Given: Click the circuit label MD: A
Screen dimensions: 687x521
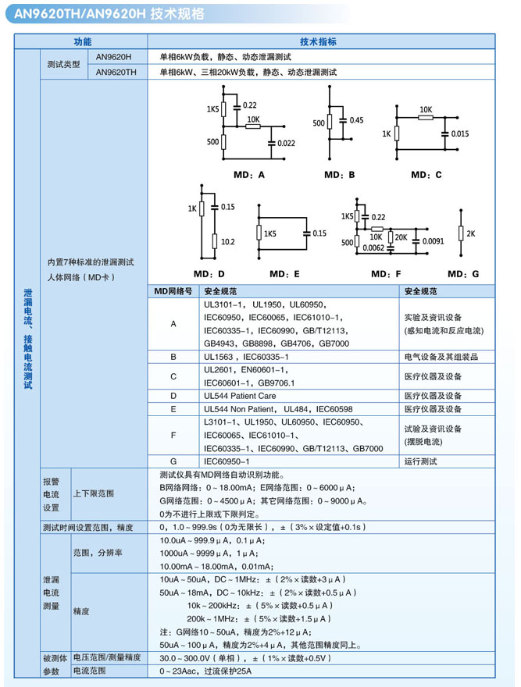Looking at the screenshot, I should (249, 175).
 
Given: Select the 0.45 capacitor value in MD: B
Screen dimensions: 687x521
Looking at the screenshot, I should (356, 120).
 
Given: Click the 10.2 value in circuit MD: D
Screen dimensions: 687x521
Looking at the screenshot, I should (227, 242).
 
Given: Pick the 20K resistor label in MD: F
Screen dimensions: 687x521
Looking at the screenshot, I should (401, 237).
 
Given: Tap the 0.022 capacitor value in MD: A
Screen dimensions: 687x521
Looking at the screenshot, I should (286, 143).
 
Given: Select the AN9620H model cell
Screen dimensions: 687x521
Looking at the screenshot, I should (114, 56).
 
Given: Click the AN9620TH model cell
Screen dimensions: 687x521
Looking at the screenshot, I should (116, 71).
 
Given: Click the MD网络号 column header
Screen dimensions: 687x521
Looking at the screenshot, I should (173, 290).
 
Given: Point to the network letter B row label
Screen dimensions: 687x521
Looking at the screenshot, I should (173, 356).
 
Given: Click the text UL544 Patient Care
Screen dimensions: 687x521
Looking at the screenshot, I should (240, 396).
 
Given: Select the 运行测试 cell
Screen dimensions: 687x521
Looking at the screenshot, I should (420, 461).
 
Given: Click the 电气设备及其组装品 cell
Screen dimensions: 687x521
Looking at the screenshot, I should (441, 356).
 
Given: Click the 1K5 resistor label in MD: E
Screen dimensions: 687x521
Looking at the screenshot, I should (270, 233).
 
